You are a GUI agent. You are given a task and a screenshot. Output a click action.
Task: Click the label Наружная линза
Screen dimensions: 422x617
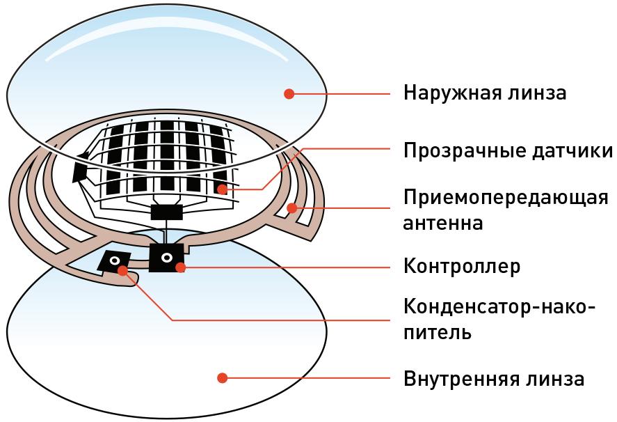tap(485, 93)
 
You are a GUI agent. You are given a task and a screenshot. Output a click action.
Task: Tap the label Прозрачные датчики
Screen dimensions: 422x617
tap(508, 151)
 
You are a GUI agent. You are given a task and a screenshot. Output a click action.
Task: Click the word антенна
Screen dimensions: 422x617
tap(443, 224)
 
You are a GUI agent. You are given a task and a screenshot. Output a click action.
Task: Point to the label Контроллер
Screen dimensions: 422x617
tap(462, 267)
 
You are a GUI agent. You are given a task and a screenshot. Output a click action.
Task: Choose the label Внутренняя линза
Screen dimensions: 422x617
tap(493, 380)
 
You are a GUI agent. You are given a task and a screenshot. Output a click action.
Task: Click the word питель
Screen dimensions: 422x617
tap(438, 332)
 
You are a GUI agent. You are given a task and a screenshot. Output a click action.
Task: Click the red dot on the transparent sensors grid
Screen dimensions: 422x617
tap(221, 189)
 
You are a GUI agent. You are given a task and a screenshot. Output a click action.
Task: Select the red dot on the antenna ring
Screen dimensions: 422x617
tap(294, 207)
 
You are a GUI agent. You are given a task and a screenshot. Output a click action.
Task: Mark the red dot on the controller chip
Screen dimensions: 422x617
tap(180, 267)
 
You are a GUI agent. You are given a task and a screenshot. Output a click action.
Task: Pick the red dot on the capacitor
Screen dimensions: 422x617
tap(123, 270)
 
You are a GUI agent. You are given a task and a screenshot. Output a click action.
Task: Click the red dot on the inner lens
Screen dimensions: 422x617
tap(222, 378)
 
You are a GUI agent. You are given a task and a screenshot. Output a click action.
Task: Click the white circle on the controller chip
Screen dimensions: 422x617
tap(167, 258)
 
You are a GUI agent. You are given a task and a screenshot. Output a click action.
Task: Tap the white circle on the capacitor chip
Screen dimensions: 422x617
tap(114, 262)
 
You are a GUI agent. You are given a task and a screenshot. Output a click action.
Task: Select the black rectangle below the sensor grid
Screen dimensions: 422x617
tap(167, 211)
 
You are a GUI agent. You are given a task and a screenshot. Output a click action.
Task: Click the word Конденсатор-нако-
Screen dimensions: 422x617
tap(499, 307)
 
